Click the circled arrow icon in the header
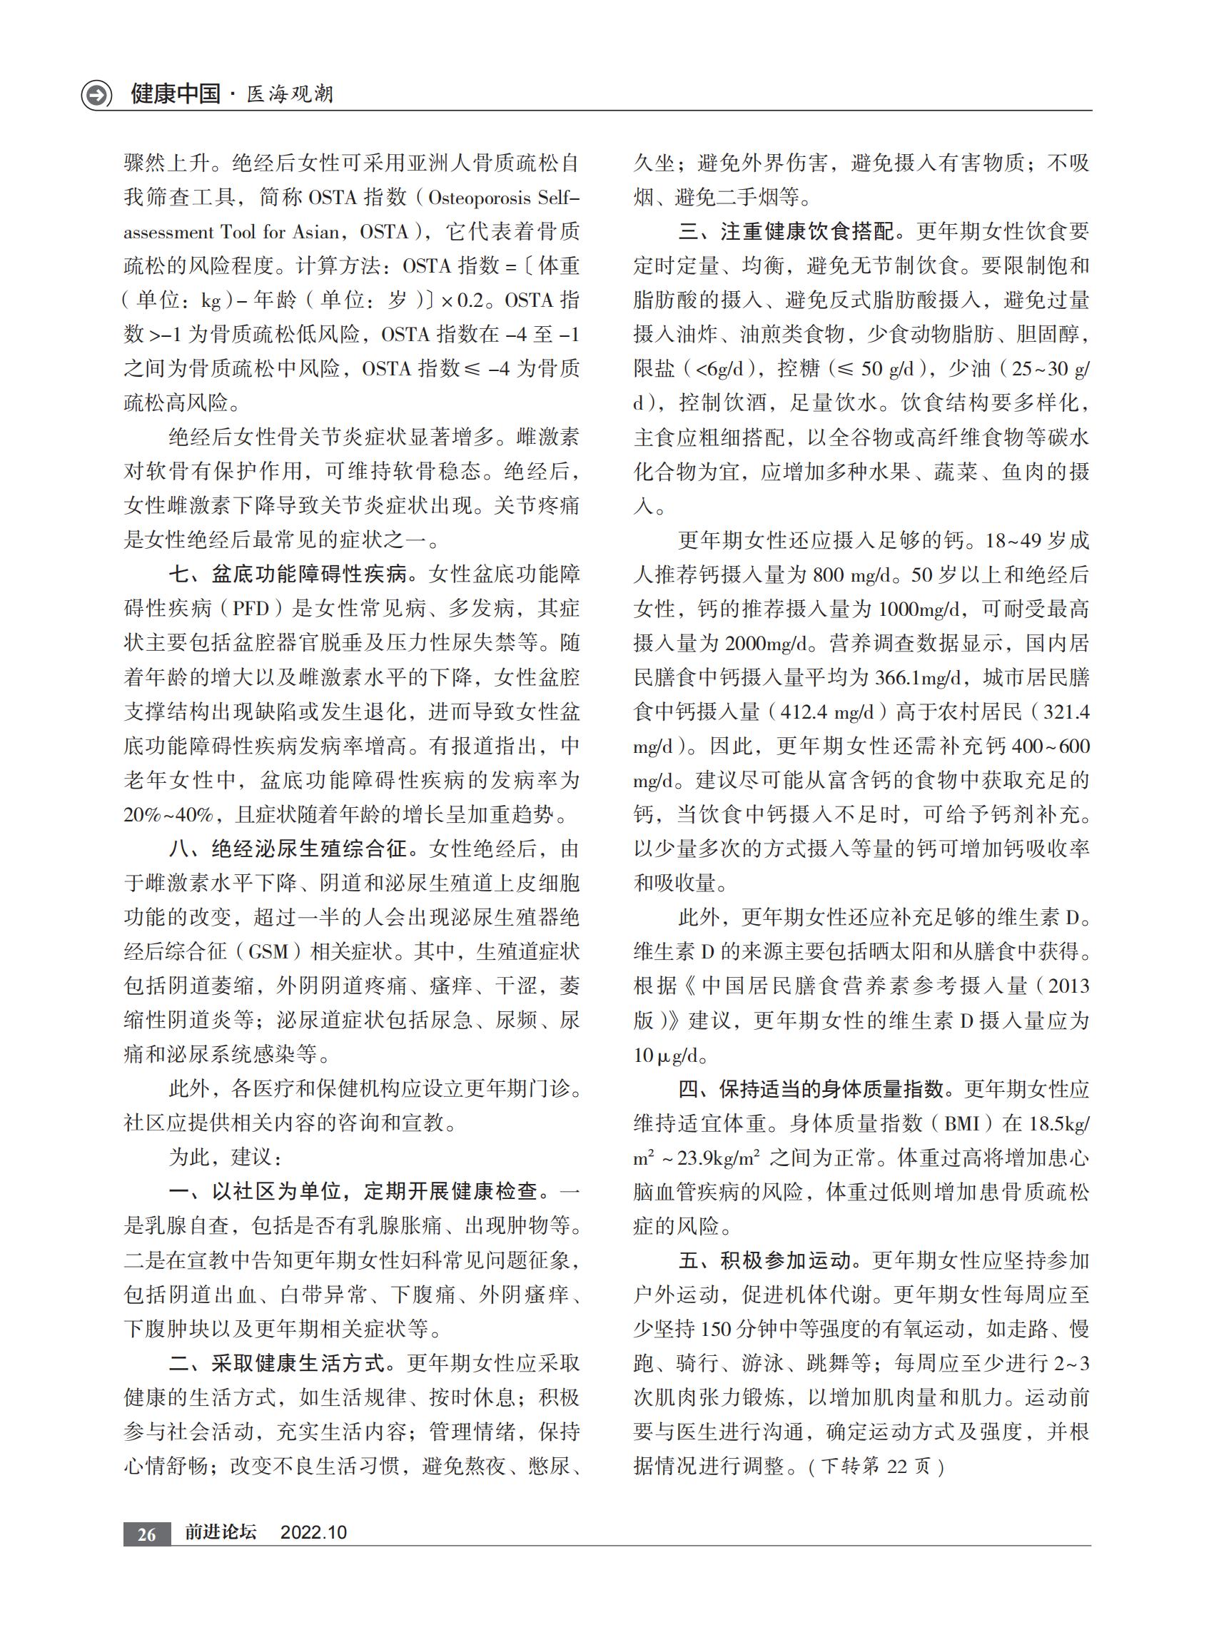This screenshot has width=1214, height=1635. coord(96,96)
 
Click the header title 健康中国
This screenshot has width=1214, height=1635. coord(176,94)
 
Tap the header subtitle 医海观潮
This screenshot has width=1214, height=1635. coord(290,95)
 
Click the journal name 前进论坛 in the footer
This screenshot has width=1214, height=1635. coord(221,1533)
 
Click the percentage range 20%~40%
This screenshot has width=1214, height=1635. coord(168,815)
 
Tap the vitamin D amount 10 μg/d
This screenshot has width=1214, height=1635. coord(666,1056)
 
